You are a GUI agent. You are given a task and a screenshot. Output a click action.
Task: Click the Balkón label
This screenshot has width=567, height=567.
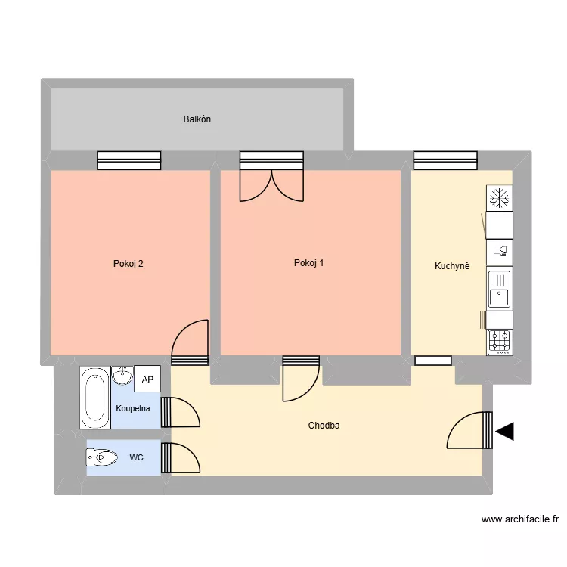coord(197,119)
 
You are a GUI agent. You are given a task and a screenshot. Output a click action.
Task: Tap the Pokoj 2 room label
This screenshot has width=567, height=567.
coord(129,264)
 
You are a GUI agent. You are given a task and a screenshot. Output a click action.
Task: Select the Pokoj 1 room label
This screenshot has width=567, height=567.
coord(309,263)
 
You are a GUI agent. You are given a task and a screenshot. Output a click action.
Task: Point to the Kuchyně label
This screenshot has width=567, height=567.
coord(452,265)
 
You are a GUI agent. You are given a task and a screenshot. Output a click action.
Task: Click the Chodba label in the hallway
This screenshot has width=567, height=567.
coord(324,426)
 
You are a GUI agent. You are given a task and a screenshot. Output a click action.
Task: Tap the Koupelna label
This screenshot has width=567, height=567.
coord(132,408)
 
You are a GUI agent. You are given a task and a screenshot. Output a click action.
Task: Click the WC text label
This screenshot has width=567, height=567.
coord(136,457)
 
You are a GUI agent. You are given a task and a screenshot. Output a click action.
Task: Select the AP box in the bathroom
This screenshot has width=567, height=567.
coord(147,380)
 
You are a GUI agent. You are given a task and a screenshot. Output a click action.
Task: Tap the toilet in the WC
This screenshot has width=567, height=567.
coord(102,457)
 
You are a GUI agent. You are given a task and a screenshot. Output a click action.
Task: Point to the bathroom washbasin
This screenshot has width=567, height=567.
coord(122,375)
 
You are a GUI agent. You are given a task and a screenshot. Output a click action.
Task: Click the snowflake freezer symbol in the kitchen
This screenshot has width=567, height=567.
coord(499,199)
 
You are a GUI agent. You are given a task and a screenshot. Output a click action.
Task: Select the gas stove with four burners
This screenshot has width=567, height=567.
coord(500,342)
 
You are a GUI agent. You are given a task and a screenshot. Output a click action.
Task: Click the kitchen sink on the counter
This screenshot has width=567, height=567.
coord(500,289)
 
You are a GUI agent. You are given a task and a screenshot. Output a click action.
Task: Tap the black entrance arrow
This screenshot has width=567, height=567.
coord(504,432)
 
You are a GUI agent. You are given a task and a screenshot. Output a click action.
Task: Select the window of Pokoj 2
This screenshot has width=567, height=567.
coord(129,160)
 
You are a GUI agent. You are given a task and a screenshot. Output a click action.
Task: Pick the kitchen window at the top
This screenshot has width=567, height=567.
coord(446,160)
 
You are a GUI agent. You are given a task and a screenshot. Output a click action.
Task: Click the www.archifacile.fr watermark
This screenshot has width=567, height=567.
coord(519,519)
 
